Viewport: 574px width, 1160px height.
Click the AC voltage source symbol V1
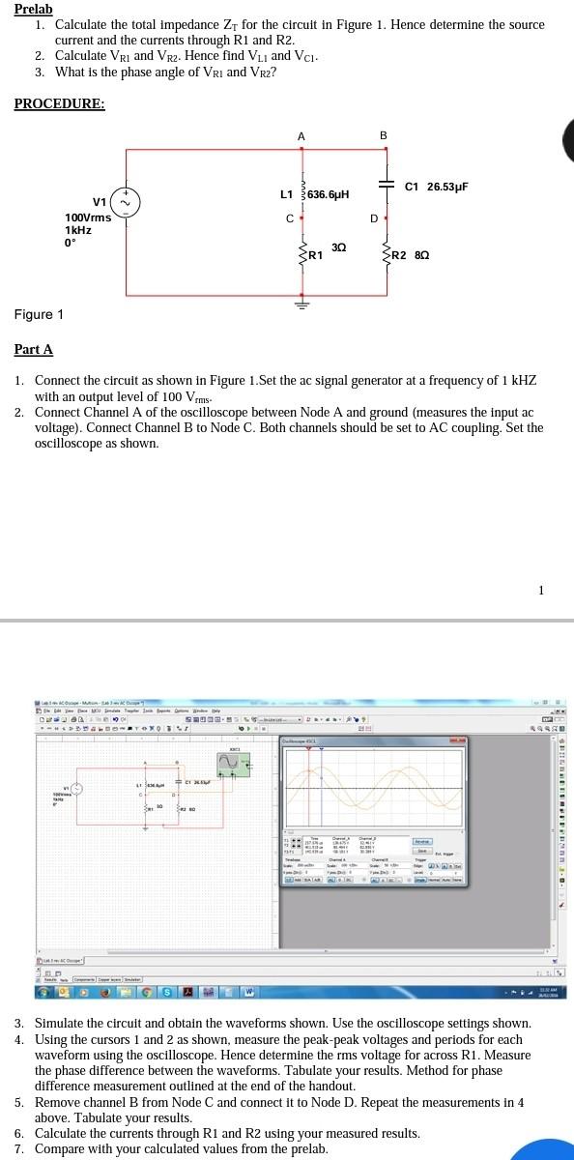(x=127, y=201)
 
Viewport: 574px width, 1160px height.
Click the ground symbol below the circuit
(x=301, y=302)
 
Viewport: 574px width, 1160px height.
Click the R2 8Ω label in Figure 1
(x=411, y=256)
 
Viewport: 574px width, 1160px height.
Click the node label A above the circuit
(x=301, y=136)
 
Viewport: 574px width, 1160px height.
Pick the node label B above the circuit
(x=384, y=136)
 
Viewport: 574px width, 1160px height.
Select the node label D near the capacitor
(x=373, y=217)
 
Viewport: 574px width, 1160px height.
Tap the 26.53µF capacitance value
(x=447, y=186)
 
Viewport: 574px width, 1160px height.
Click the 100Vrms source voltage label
(x=88, y=217)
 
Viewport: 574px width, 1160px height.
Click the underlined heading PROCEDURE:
(x=59, y=103)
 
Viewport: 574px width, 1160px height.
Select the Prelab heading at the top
(x=33, y=9)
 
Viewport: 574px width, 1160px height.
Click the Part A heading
(x=34, y=349)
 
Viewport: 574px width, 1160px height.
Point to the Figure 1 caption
(x=40, y=315)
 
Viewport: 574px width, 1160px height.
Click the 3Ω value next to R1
(x=338, y=248)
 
